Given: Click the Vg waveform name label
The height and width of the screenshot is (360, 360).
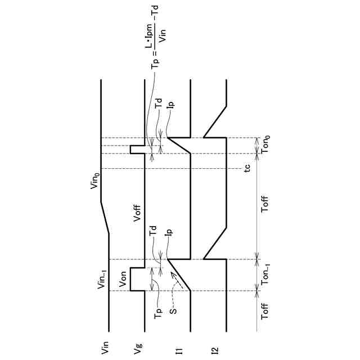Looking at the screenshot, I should tap(137, 349).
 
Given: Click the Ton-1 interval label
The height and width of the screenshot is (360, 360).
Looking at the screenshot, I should tap(265, 274).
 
